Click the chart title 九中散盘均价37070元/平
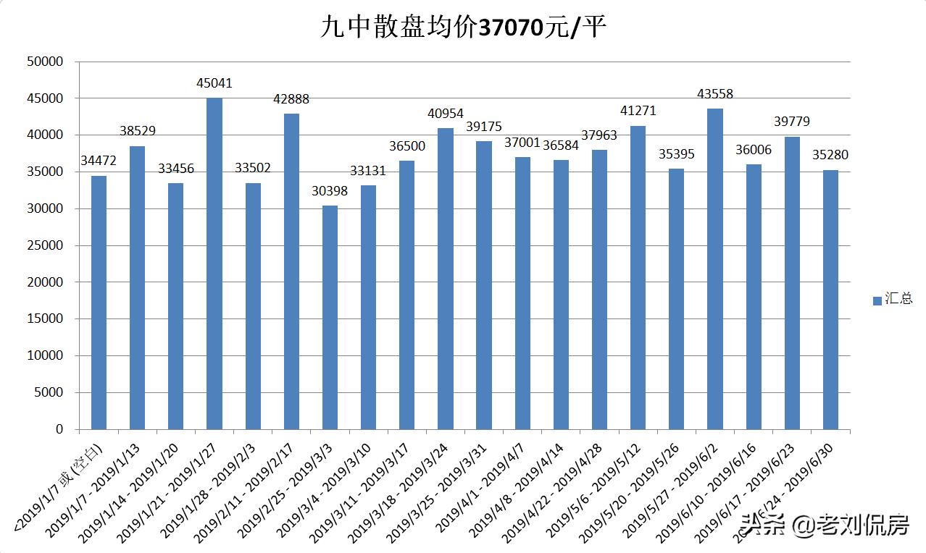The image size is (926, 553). [462, 28]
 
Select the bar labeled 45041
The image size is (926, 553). [214, 263]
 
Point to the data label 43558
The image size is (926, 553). [714, 94]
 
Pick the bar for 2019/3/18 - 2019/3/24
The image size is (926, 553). [445, 279]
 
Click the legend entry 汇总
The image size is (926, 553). [892, 299]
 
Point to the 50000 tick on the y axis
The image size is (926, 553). [45, 62]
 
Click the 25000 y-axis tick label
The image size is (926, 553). [45, 245]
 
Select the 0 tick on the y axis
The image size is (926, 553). [59, 429]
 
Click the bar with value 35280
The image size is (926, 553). [830, 300]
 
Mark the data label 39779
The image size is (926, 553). [791, 122]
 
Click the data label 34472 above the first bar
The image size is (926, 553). [99, 161]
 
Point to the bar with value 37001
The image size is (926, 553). [522, 293]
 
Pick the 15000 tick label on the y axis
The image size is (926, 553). [45, 319]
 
